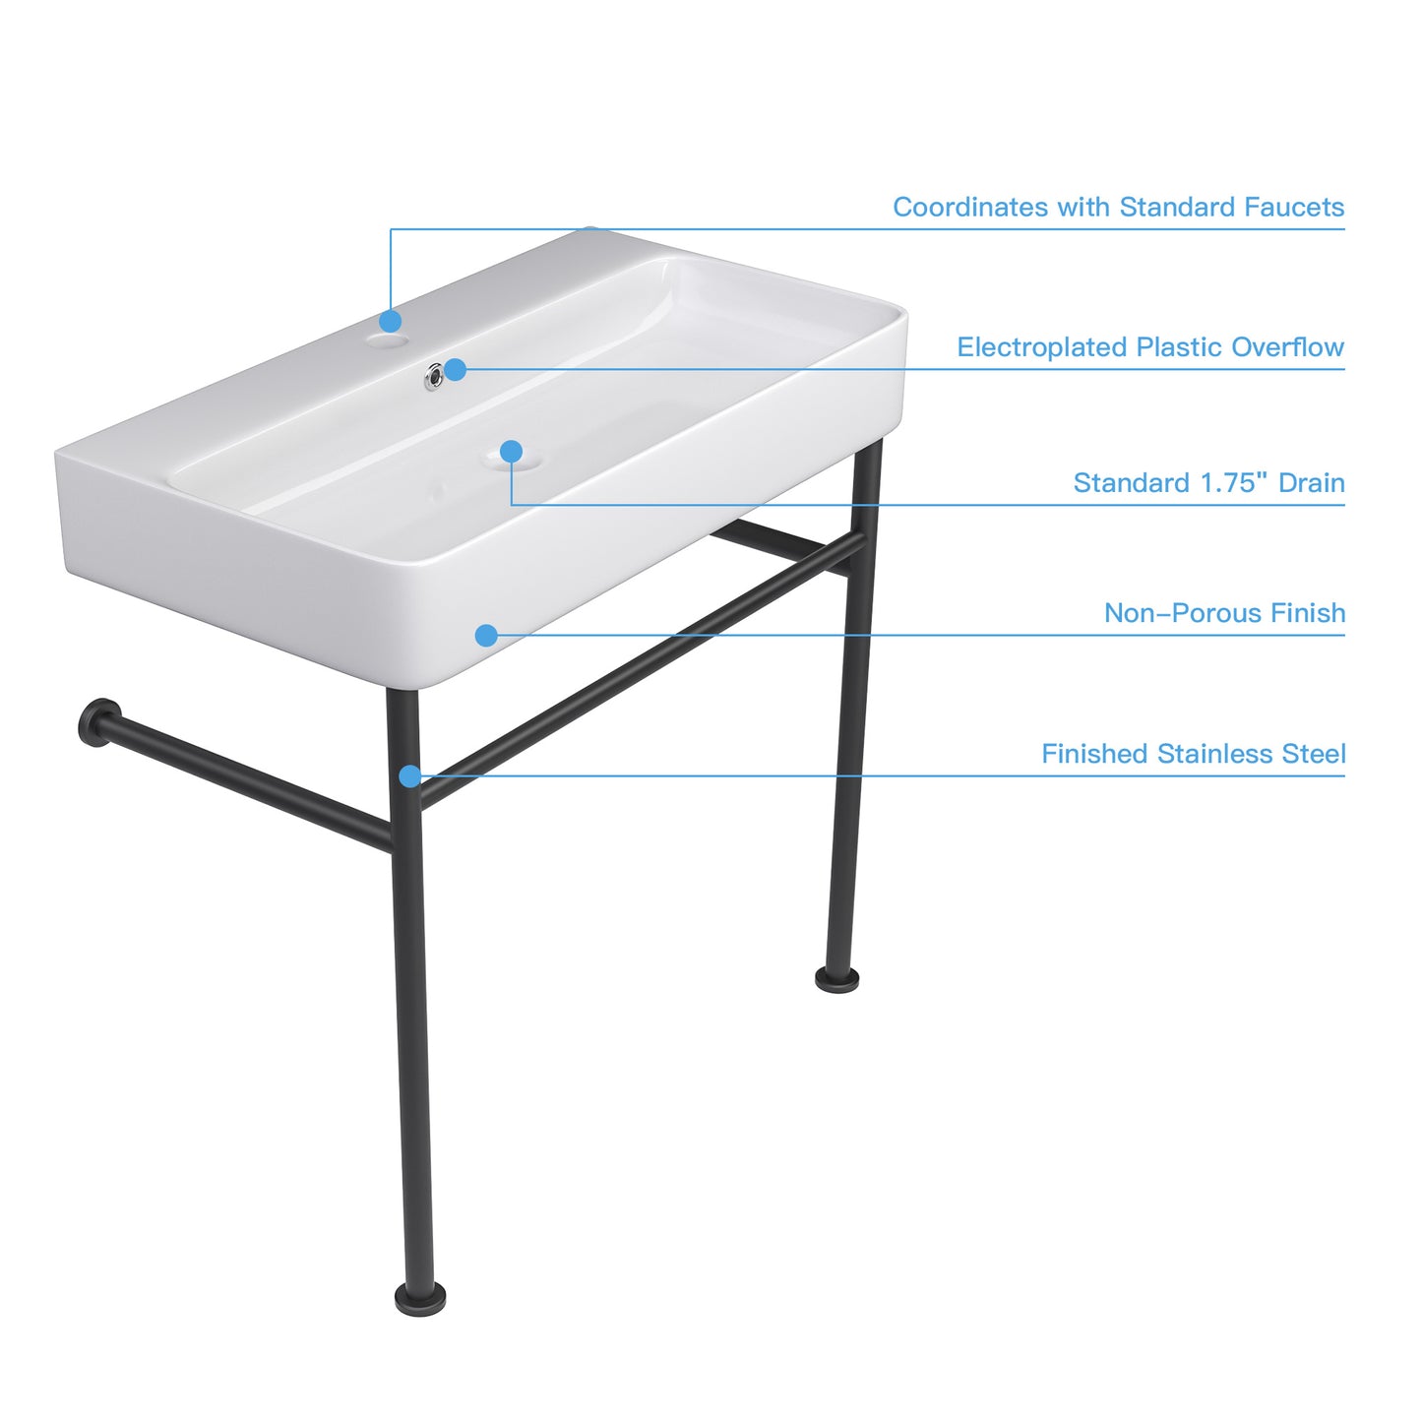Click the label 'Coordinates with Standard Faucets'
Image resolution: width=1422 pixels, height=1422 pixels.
tap(1118, 207)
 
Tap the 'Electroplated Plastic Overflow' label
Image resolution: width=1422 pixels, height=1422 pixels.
tap(1150, 346)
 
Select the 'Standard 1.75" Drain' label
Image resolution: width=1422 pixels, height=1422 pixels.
tap(1208, 482)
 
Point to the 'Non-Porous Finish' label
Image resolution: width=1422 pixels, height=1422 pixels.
tap(1224, 612)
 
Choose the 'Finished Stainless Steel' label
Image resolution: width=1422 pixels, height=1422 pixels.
tap(1194, 754)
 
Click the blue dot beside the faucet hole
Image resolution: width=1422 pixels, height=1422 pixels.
tap(391, 321)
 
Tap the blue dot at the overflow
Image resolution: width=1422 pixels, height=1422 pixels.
tap(456, 369)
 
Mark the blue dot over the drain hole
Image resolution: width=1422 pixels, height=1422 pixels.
tap(512, 451)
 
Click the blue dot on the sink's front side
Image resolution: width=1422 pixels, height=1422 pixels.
tap(486, 635)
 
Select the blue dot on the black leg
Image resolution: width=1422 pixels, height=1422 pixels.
tap(410, 775)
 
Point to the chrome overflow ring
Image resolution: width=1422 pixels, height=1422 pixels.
tap(433, 376)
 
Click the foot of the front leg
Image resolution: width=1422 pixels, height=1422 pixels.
tap(420, 1297)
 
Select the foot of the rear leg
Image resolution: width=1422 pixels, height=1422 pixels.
tap(837, 978)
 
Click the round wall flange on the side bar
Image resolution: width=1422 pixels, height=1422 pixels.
tap(98, 721)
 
